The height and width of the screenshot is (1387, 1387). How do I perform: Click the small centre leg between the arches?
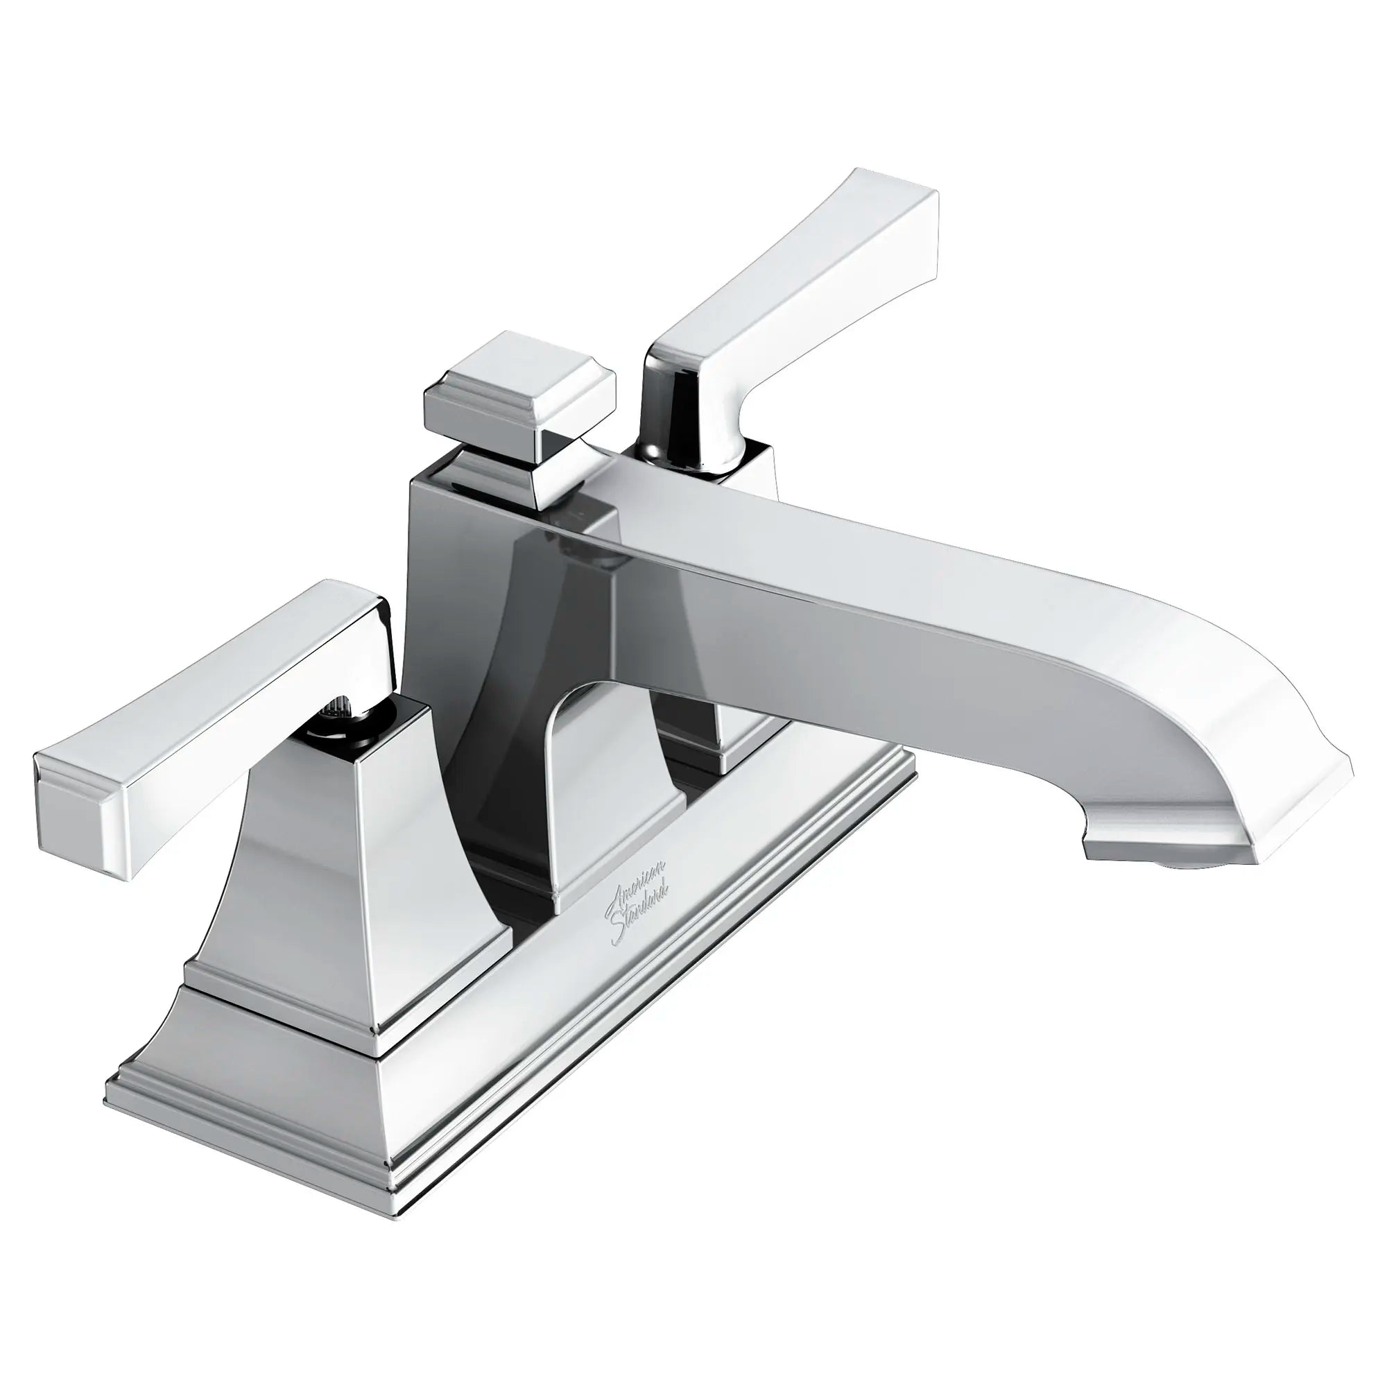(603, 847)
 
